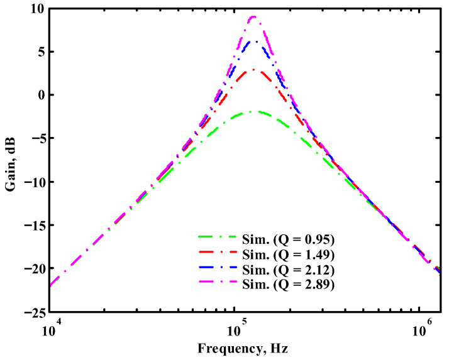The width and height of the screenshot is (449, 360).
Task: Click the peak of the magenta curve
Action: [253, 17]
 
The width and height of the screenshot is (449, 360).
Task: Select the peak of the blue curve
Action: [254, 41]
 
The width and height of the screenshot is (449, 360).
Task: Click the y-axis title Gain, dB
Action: [11, 161]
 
